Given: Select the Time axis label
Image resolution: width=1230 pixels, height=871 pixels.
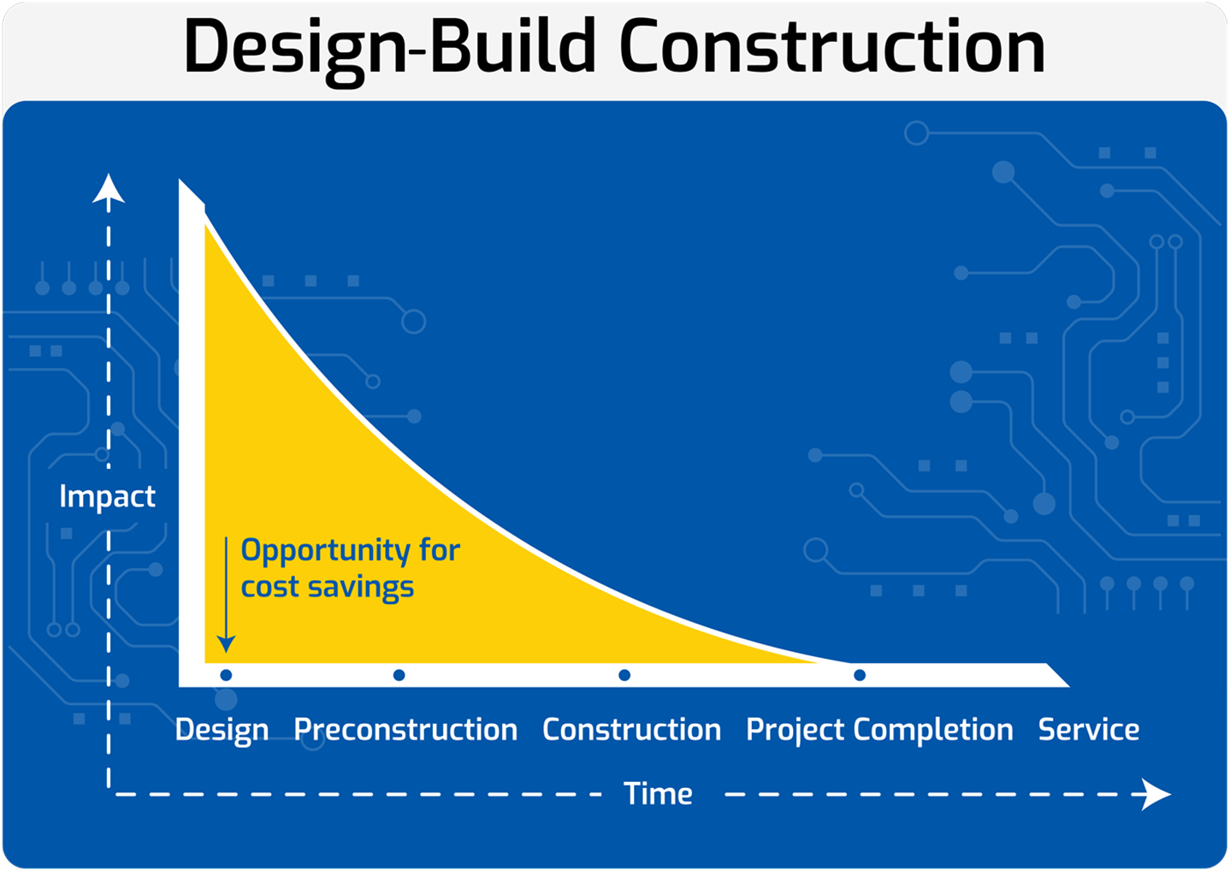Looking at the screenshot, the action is pyautogui.click(x=658, y=793).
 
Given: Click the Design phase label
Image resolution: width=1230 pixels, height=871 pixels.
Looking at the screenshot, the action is pyautogui.click(x=222, y=731).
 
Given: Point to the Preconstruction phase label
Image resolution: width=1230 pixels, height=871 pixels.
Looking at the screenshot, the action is pyautogui.click(x=405, y=731).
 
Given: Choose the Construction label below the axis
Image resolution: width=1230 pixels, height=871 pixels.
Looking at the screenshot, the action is pyautogui.click(x=631, y=730).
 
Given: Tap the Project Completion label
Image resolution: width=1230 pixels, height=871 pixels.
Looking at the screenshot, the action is pyautogui.click(x=879, y=731).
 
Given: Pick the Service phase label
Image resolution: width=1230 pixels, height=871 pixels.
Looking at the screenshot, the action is pyautogui.click(x=1088, y=730).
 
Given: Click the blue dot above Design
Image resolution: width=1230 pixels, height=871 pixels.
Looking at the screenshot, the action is pyautogui.click(x=226, y=675).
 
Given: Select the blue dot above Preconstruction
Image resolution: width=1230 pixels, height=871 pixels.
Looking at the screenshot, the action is pyautogui.click(x=399, y=675).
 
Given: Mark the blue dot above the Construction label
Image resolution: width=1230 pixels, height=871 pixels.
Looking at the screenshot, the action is pyautogui.click(x=624, y=675).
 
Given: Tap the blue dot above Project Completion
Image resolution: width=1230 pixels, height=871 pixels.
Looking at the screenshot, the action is pyautogui.click(x=860, y=675).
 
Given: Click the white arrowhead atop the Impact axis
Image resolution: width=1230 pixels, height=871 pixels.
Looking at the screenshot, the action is pyautogui.click(x=108, y=189).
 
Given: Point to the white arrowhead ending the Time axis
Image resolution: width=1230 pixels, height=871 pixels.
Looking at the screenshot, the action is pyautogui.click(x=1156, y=794).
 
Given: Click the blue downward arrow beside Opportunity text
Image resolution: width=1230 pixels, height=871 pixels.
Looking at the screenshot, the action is pyautogui.click(x=226, y=595).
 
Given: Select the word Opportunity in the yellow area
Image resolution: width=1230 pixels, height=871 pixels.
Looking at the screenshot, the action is pyautogui.click(x=324, y=551).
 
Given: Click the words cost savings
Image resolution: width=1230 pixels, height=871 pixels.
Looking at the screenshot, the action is pyautogui.click(x=328, y=588).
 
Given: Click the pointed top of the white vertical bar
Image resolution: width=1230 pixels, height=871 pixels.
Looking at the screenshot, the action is pyautogui.click(x=180, y=180).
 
